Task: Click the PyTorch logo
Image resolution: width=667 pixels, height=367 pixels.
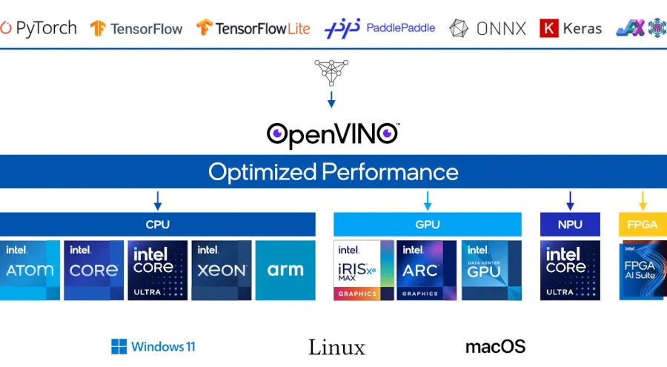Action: coord(39,28)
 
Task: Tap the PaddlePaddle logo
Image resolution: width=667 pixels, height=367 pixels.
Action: coord(379,28)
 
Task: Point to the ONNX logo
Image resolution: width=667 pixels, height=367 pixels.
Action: coord(488,28)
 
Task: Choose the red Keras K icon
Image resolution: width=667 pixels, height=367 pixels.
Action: coord(548,28)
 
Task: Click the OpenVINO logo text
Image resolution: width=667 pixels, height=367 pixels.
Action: coord(333,134)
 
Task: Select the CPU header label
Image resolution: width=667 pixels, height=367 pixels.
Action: coord(157,225)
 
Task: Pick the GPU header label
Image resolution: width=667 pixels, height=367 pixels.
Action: coord(428,225)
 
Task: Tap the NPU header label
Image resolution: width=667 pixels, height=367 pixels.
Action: coord(570,225)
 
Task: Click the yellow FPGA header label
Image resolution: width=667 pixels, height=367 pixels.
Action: coord(643,225)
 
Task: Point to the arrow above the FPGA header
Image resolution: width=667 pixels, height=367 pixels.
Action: coord(643,200)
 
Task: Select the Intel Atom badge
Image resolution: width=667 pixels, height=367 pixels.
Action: coord(30,270)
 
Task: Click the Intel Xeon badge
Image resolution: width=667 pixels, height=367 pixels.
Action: coord(221,270)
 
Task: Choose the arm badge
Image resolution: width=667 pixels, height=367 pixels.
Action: coord(285,270)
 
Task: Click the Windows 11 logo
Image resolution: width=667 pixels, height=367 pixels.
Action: coord(153,346)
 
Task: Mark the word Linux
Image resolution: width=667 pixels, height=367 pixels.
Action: coord(336,347)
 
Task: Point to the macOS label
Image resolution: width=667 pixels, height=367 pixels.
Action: coord(495,346)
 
